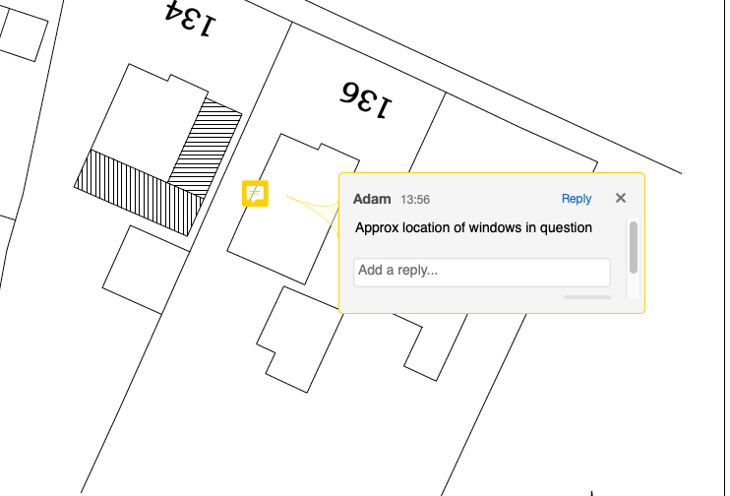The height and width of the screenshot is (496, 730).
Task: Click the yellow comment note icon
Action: point(255,193)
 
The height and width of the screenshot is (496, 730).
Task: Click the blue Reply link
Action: point(577,199)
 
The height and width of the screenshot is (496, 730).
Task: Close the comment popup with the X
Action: point(621,198)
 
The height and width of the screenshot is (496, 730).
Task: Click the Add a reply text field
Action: point(482,273)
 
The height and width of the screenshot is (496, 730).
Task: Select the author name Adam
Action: point(372,200)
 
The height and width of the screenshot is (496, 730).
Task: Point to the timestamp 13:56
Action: point(415,200)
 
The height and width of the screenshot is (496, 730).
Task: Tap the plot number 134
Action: point(191,19)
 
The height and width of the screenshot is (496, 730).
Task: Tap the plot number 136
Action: point(366,99)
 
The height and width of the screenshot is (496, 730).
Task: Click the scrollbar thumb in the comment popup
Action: point(634,247)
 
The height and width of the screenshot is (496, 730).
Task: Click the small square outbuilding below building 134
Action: point(146,270)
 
